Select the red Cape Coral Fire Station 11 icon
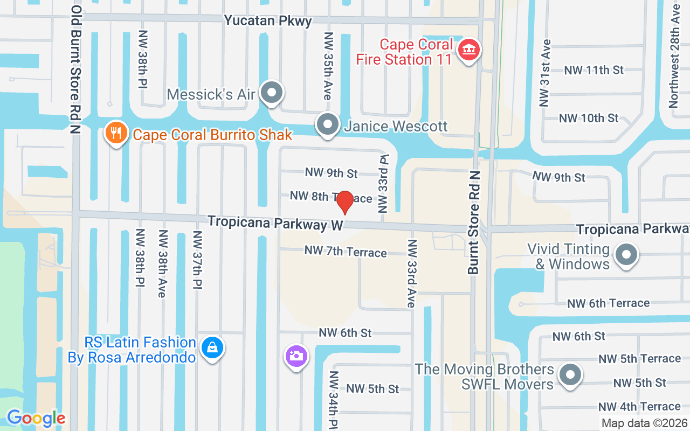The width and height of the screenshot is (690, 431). pos(468,51)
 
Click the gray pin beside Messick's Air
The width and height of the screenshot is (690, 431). pos(272,93)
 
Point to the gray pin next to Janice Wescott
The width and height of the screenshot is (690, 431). pos(327,125)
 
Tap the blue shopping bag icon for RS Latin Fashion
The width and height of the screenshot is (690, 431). pos(212,347)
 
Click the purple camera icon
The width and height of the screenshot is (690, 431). pos(295,356)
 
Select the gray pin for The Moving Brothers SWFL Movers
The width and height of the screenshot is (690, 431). pos(569,375)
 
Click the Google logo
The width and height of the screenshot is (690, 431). pos(36,418)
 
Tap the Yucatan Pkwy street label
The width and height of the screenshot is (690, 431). pos(268,21)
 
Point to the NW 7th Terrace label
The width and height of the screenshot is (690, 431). pos(346,251)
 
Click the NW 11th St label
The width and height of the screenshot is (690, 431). pos(594,70)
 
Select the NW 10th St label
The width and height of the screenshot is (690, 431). pos(589,118)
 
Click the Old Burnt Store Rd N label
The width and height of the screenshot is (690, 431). pos(75,70)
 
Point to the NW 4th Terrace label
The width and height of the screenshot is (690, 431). pos(639,407)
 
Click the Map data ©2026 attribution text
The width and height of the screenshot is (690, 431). pos(644,423)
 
